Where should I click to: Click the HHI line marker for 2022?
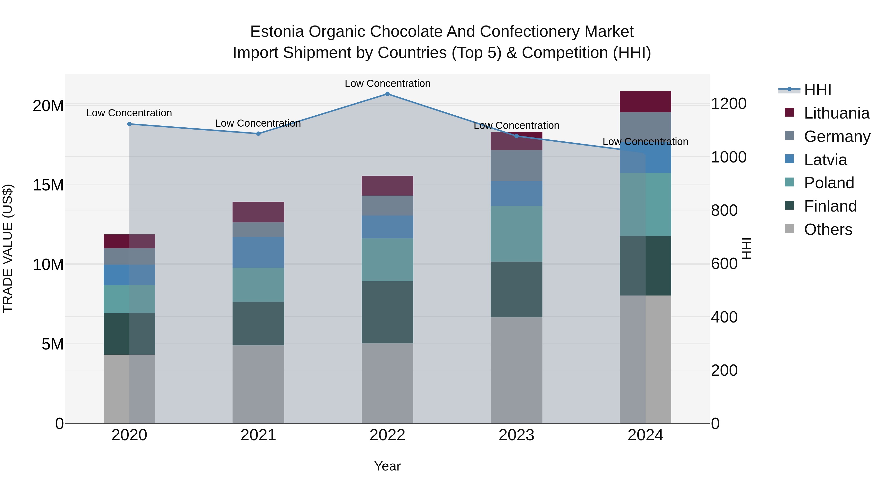[387, 94]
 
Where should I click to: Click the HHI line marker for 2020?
[129, 124]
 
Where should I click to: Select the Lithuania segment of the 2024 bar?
[646, 102]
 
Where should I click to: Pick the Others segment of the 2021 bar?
[258, 384]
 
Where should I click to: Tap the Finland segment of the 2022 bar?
[387, 312]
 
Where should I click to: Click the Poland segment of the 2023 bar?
[516, 234]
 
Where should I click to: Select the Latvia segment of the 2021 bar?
[258, 253]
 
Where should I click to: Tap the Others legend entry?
[828, 229]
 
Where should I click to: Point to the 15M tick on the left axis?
[48, 185]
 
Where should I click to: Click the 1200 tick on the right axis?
[729, 104]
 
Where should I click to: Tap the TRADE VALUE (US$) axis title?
[8, 249]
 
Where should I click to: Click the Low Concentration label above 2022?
[387, 84]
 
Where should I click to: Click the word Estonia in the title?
[277, 32]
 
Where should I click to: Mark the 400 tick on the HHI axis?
[724, 317]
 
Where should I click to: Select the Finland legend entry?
[830, 206]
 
